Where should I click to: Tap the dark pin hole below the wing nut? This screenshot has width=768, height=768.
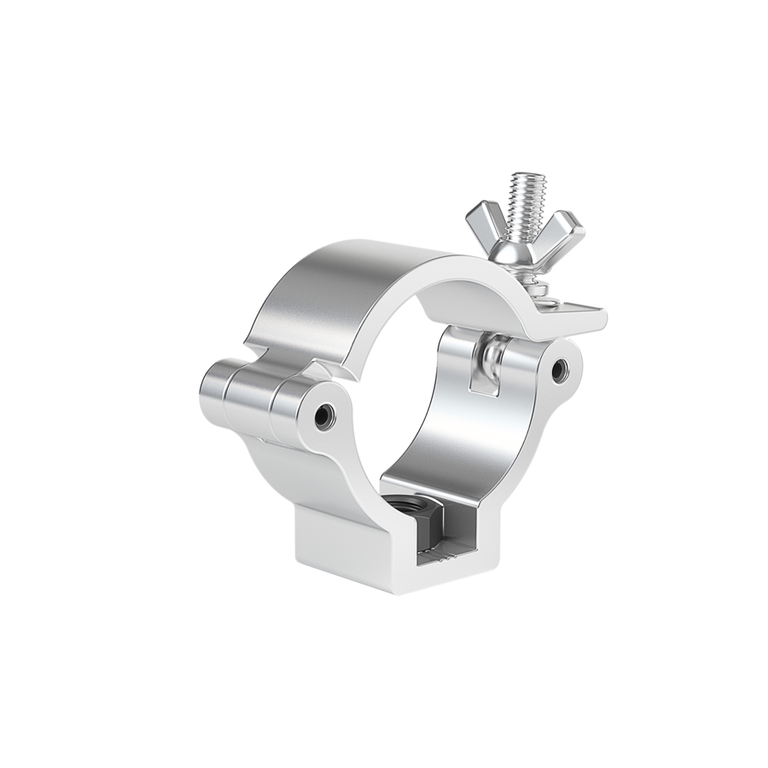[559, 369]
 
